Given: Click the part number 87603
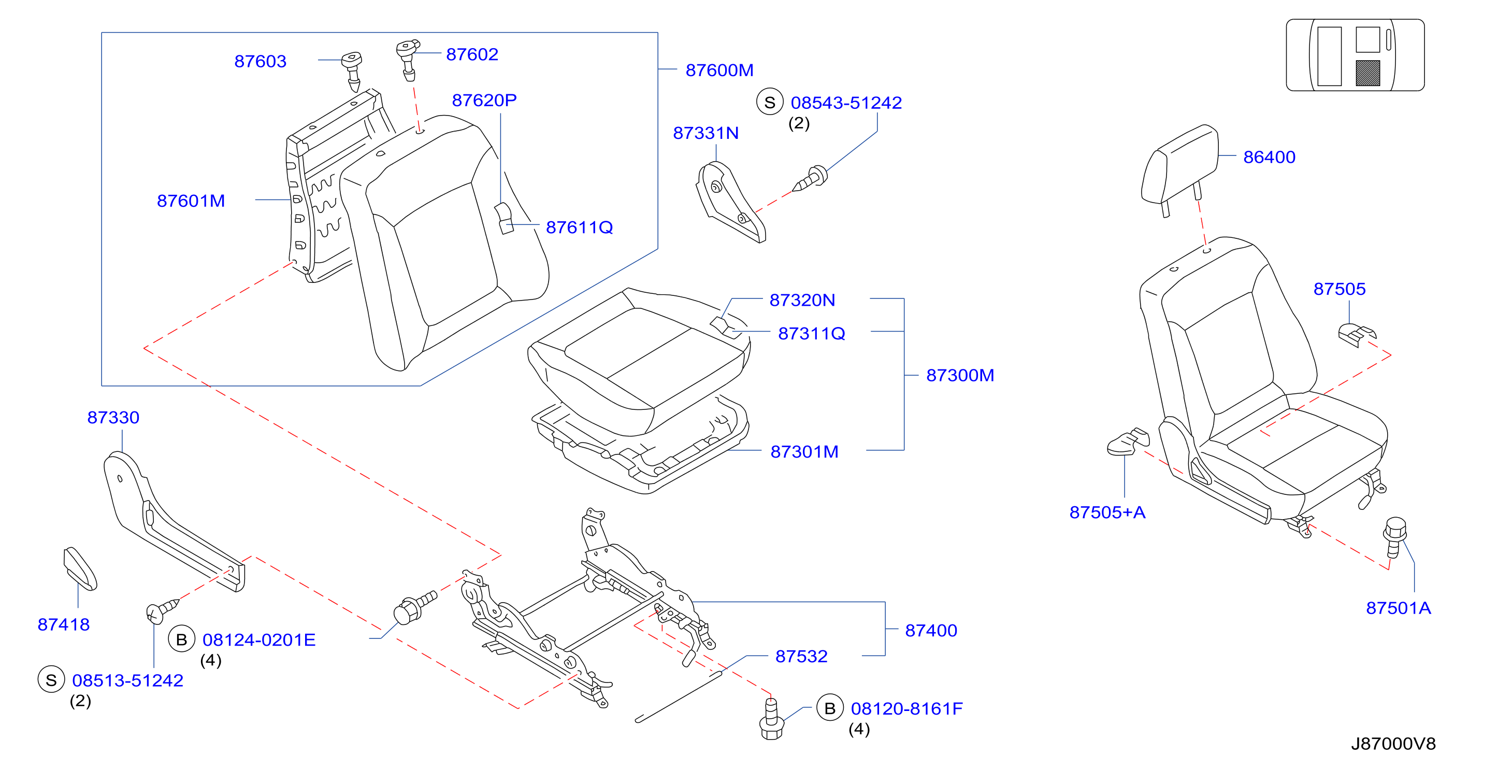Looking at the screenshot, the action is click(x=260, y=61).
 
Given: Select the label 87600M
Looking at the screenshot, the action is click(x=719, y=70).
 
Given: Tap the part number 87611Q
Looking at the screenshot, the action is click(x=579, y=227).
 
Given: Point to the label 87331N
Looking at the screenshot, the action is click(x=705, y=133).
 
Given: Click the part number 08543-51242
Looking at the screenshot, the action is click(x=846, y=103).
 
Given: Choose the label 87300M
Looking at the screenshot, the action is click(x=960, y=375).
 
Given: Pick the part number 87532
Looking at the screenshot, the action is click(x=801, y=656).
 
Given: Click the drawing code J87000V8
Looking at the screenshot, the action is click(x=1393, y=744).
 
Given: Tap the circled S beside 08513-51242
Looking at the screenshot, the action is click(x=51, y=680).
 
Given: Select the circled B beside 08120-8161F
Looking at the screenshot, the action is click(x=830, y=708).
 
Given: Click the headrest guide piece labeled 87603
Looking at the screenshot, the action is click(x=352, y=71).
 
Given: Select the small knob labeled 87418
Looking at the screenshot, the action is click(x=80, y=568).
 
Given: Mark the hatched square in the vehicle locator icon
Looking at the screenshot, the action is click(x=1368, y=73).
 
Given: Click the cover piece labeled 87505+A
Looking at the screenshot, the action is click(x=1128, y=442).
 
